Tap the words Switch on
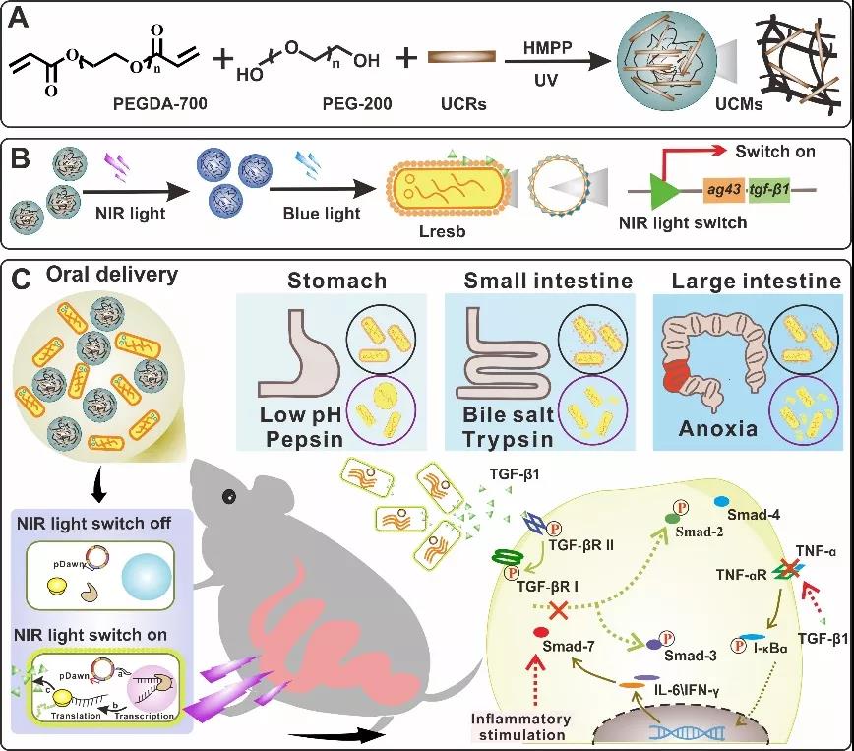click(x=774, y=152)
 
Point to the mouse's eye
click(x=229, y=496)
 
